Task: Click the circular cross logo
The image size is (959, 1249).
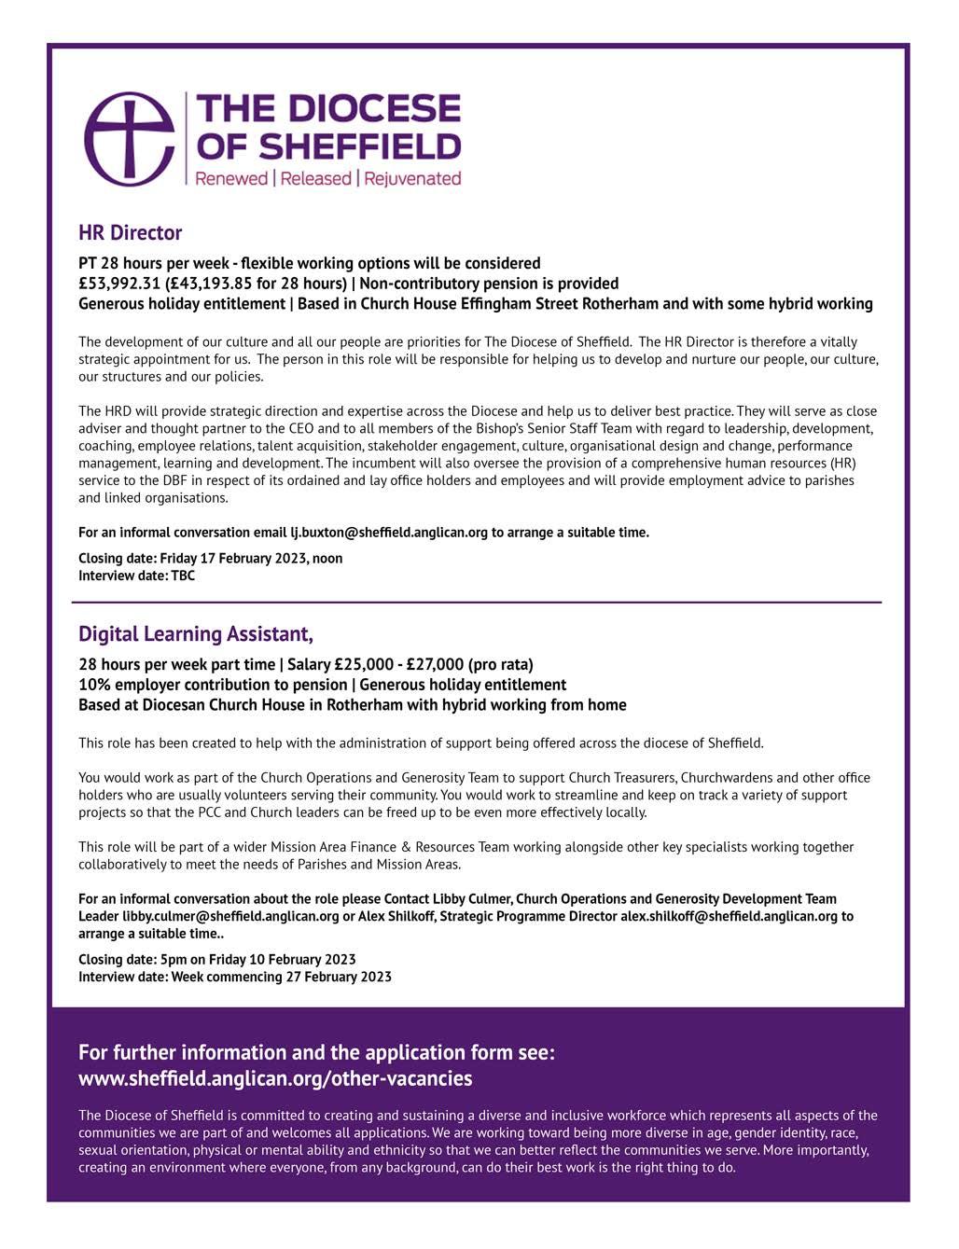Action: pos(130,138)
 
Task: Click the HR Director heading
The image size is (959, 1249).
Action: pos(130,232)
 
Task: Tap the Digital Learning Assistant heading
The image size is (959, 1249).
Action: pos(195,634)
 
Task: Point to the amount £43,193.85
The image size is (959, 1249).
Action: pos(215,284)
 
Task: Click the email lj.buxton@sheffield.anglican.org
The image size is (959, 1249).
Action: pos(389,533)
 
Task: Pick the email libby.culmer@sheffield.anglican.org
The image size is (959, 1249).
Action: pos(230,916)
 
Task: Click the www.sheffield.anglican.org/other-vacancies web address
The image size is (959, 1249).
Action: pos(275,1078)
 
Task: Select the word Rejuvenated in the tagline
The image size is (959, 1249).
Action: pos(412,178)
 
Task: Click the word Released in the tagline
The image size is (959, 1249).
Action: pos(316,178)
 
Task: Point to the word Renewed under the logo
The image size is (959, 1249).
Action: pos(231,178)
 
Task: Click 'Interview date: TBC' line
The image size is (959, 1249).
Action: pos(136,576)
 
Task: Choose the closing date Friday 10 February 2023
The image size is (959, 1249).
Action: pos(282,960)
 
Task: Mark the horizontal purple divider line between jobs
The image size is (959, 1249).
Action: pos(476,603)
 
